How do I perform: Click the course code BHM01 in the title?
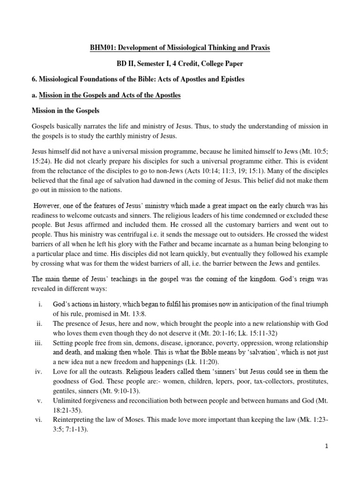(x=103, y=49)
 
